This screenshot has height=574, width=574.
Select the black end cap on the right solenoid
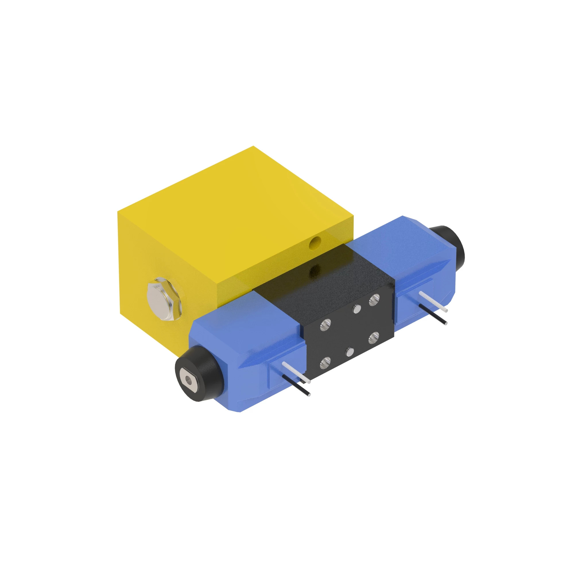(447, 245)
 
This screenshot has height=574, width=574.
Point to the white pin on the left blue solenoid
(296, 372)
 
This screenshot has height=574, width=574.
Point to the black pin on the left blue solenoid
(296, 385)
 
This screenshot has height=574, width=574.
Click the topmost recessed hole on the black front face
(374, 300)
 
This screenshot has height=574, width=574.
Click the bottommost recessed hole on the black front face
(325, 363)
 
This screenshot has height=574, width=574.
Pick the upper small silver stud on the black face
(356, 310)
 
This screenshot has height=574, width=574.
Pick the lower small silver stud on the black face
(350, 353)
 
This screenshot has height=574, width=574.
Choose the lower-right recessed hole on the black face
(373, 338)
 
